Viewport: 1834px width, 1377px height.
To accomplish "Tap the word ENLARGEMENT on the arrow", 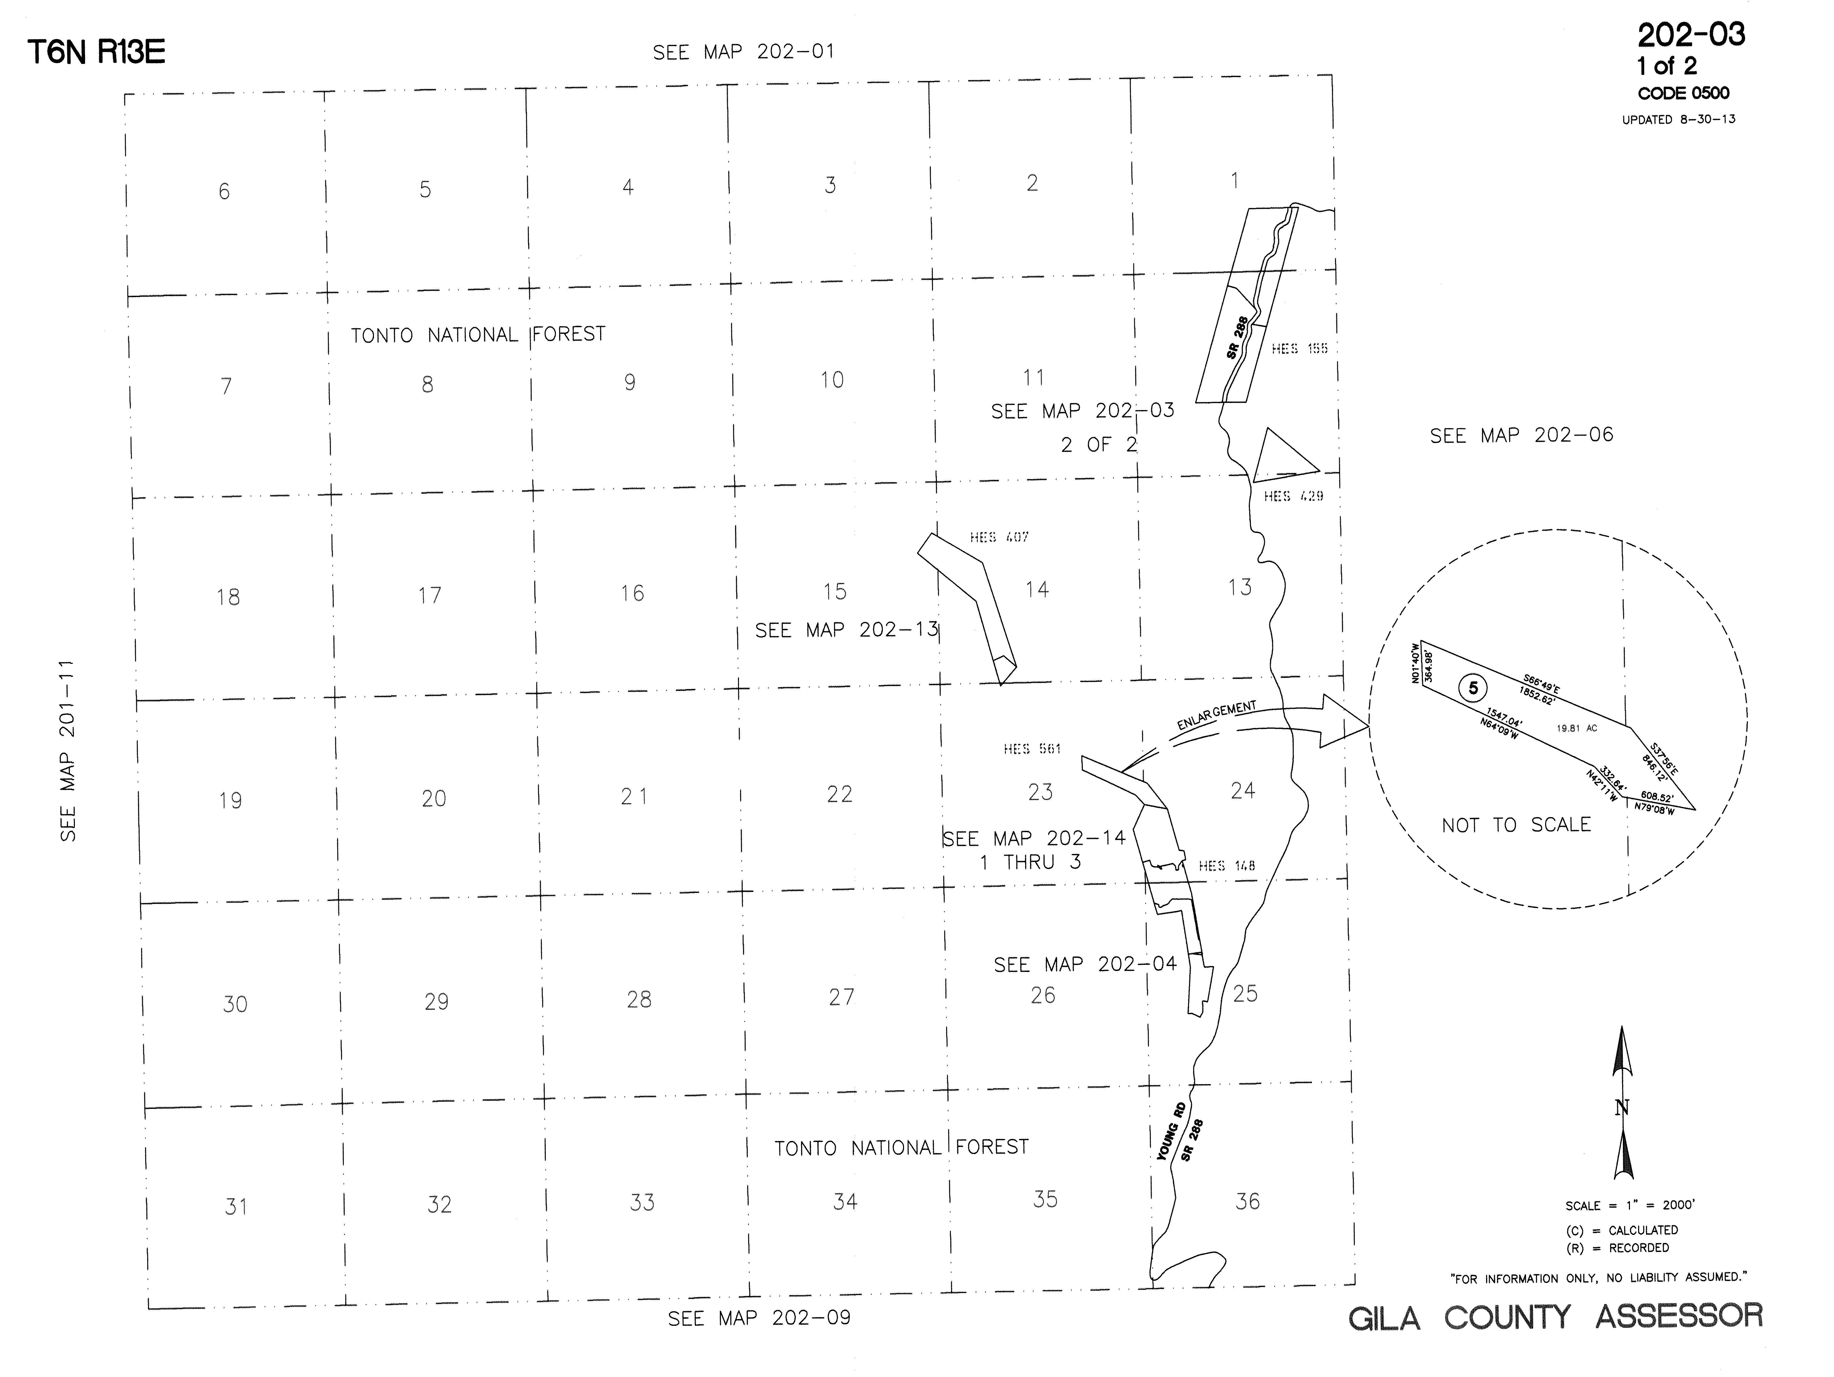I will coord(1216,715).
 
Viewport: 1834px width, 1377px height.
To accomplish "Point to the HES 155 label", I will coord(1299,349).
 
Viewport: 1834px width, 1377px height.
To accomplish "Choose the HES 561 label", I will coord(1031,749).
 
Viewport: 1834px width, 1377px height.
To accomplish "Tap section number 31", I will coord(236,1206).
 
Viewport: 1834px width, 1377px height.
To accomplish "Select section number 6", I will coord(224,191).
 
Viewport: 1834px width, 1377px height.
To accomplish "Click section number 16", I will coord(632,593).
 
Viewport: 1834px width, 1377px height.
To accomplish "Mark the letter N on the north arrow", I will coord(1623,1108).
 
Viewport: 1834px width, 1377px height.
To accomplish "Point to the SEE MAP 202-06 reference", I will coord(1521,435).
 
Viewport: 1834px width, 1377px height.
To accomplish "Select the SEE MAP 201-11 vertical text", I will coord(68,750).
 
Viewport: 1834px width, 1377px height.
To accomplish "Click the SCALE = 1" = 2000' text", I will coord(1629,1205).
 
